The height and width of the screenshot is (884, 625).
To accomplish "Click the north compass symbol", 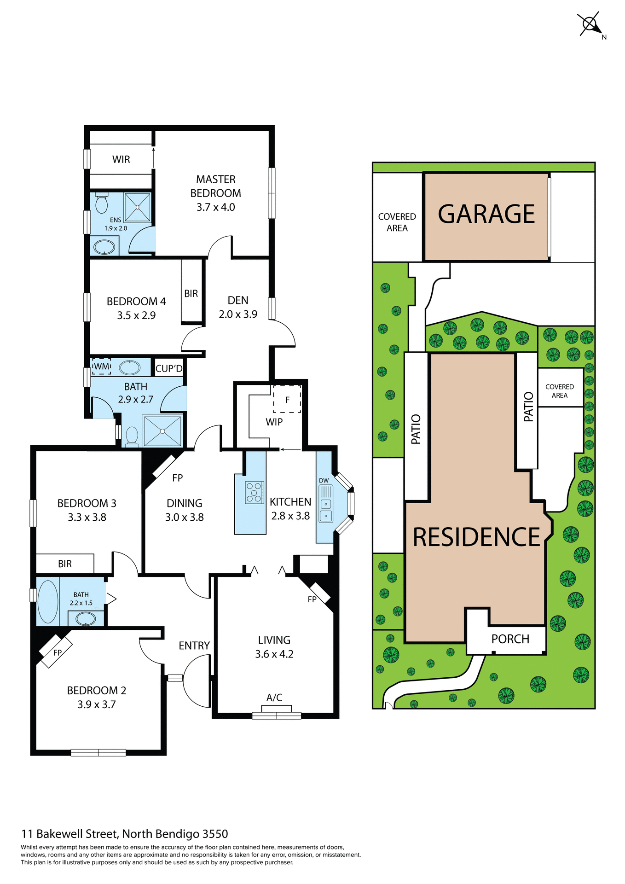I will (x=590, y=24).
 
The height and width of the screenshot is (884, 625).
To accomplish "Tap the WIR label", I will (x=121, y=159).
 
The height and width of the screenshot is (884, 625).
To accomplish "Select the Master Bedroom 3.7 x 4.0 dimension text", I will (x=215, y=207).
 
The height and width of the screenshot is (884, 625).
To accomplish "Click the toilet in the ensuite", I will (x=101, y=203).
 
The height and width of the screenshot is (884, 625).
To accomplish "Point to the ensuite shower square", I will (x=137, y=207).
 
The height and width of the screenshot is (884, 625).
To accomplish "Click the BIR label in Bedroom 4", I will (x=191, y=294).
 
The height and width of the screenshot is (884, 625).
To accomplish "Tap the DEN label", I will (x=238, y=300).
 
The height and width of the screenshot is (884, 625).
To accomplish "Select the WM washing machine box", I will (x=102, y=366).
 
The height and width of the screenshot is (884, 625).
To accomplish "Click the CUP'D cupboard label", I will (x=169, y=368).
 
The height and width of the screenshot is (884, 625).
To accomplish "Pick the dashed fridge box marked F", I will (x=287, y=399).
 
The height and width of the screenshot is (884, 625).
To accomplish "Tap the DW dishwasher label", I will (x=324, y=480).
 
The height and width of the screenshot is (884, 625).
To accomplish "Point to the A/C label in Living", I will (x=274, y=698).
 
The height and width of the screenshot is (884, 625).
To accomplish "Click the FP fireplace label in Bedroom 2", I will (x=58, y=652).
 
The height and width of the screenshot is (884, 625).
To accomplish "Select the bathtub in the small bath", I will (x=48, y=601).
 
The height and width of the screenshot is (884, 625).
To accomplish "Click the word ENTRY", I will (x=194, y=646).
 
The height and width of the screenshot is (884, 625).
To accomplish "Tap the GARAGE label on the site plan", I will (x=486, y=214).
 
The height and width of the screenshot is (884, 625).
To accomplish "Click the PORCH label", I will (x=510, y=639).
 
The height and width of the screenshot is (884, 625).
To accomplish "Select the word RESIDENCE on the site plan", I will (x=476, y=537).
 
